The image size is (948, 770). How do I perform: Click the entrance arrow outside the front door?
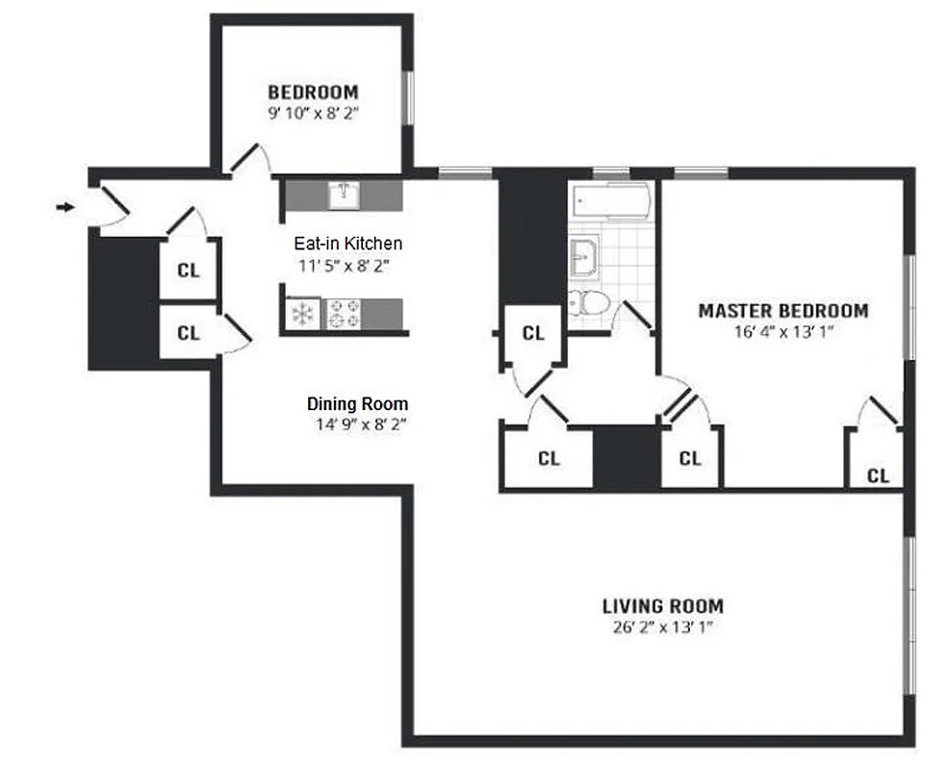[x=65, y=207]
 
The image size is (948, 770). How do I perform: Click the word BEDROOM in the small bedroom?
[x=313, y=92]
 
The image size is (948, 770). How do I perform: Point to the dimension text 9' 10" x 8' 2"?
[x=313, y=113]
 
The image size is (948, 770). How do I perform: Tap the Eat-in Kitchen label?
[x=347, y=244]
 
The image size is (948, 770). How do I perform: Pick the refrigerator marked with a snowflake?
[x=302, y=315]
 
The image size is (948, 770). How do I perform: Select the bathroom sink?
[x=583, y=257]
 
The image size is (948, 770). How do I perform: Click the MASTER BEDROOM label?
[x=782, y=311]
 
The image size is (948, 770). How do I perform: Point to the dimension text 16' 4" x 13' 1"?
[x=782, y=332]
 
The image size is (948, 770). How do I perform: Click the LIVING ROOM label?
[x=662, y=606]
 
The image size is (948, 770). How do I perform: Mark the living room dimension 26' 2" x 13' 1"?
[x=662, y=628]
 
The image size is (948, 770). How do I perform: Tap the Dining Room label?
[x=357, y=404]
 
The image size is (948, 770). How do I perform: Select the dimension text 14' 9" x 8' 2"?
[x=357, y=424]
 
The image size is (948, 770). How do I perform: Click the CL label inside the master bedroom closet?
[x=878, y=475]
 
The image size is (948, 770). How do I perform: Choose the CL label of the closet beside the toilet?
[x=533, y=334]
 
